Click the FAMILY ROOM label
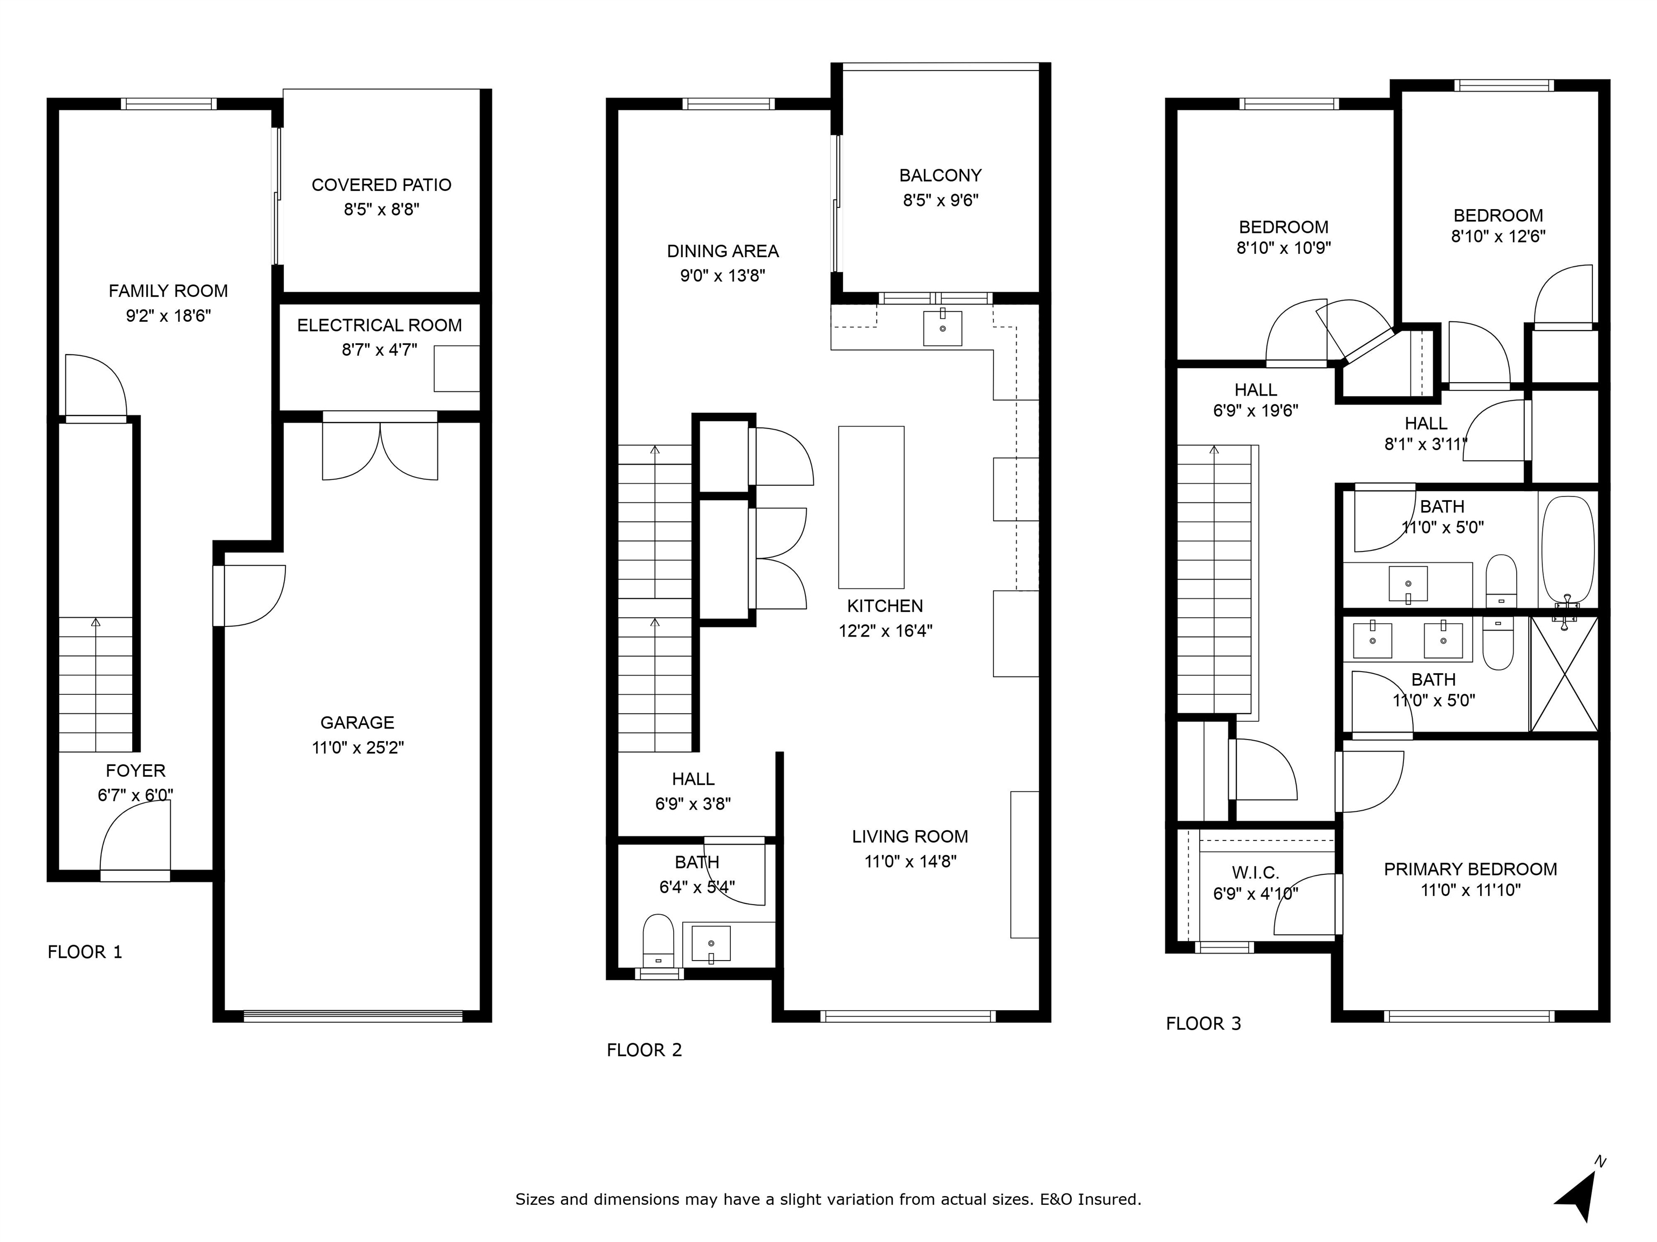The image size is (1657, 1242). (168, 291)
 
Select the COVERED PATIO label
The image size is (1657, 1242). (381, 185)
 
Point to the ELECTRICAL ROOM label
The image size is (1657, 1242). (379, 326)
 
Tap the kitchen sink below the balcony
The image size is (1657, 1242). (942, 327)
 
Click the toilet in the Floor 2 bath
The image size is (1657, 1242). (659, 940)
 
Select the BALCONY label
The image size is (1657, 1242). (940, 175)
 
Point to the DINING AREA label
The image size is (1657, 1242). (723, 251)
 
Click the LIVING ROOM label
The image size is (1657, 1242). (910, 836)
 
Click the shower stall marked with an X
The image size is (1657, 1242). (1564, 674)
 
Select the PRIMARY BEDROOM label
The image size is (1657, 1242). (1470, 869)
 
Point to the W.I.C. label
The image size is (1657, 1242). (1256, 873)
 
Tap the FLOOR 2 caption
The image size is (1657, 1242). (644, 1050)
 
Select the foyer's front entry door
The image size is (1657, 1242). (135, 838)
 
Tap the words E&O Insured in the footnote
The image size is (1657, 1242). (1091, 1199)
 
